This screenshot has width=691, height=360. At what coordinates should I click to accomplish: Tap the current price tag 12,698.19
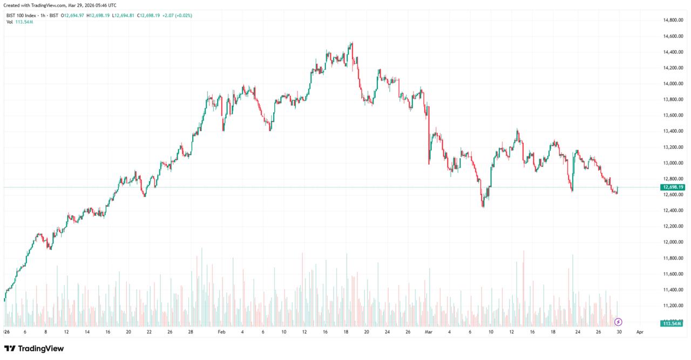click(672, 187)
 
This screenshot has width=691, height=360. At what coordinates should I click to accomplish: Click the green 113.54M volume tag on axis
click(672, 323)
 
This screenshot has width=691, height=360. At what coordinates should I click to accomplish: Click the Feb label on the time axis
click(221, 332)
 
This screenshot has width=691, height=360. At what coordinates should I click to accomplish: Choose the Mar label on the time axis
click(429, 332)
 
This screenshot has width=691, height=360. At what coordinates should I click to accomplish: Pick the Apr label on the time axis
click(639, 332)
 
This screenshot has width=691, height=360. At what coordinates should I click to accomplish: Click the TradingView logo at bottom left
click(34, 349)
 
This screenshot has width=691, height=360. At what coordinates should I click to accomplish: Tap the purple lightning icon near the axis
click(618, 322)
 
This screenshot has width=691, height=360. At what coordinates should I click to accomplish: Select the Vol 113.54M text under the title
click(19, 22)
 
